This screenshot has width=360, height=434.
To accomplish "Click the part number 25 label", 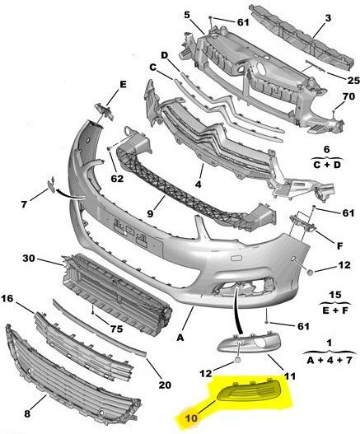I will click(330, 81).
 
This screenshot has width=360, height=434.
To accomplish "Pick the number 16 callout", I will click(8, 300).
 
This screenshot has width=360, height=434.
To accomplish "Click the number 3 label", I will click(327, 17).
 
